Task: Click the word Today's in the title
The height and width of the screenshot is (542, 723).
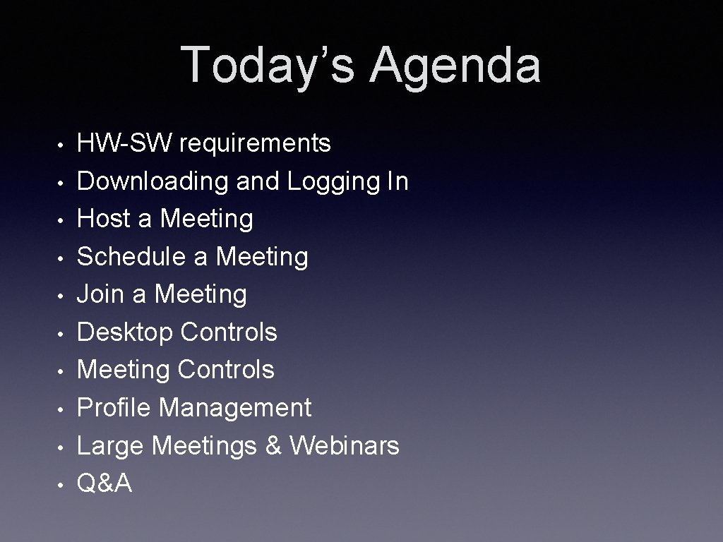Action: [268, 65]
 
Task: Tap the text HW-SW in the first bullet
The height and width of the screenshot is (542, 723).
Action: [124, 143]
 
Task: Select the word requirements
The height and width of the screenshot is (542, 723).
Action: [255, 144]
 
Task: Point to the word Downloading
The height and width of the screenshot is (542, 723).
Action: [153, 181]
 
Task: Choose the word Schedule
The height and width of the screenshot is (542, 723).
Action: [131, 257]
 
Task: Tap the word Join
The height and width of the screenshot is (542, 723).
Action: [101, 294]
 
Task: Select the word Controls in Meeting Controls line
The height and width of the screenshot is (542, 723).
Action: [226, 370]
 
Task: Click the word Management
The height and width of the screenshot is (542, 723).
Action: [235, 408]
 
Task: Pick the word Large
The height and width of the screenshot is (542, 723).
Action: [110, 446]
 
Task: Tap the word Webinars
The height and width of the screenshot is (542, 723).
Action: [345, 446]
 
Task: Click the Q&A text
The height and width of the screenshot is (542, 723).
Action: [104, 483]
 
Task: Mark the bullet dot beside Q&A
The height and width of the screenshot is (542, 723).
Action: [62, 485]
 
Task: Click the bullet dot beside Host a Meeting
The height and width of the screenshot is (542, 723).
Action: [62, 220]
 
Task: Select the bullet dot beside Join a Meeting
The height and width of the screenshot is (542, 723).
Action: [62, 296]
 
